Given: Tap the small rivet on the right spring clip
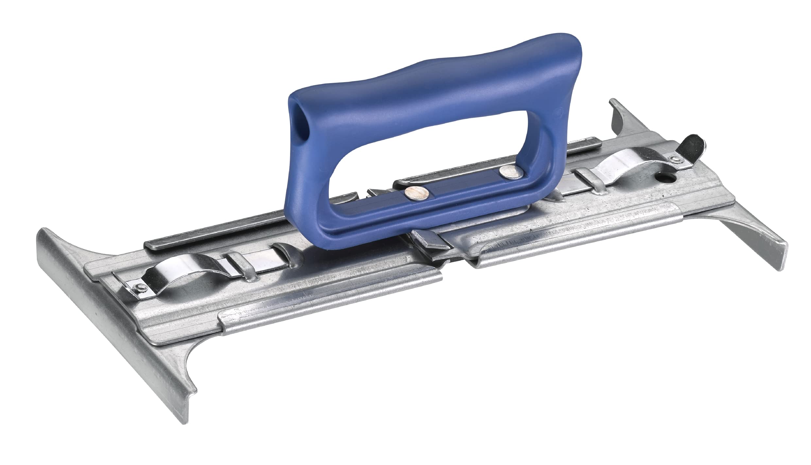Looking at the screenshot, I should click(x=673, y=159).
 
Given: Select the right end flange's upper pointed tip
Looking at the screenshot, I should click(x=615, y=105).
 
